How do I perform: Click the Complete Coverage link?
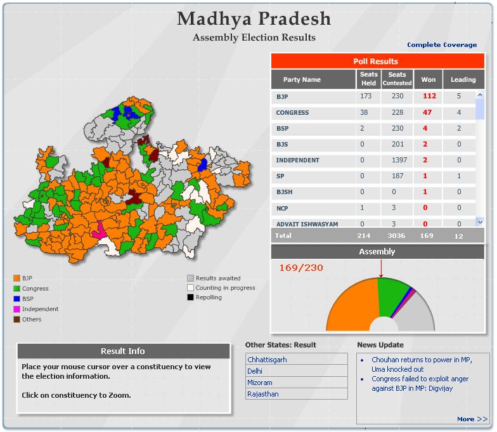(442, 45)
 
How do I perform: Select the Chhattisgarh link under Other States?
(267, 360)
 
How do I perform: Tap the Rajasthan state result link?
(263, 394)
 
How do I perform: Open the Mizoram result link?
(261, 383)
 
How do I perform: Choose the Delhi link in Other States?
(255, 371)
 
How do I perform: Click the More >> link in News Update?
(472, 419)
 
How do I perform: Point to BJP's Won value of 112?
(429, 97)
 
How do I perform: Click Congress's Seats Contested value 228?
(397, 113)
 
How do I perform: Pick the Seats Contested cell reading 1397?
(397, 160)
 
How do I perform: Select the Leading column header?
(463, 80)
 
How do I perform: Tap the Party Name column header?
(302, 80)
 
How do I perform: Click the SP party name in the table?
(281, 176)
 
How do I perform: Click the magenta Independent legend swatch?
(17, 309)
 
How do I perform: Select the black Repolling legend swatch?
(190, 298)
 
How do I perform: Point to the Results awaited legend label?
(218, 278)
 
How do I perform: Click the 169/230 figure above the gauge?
(301, 268)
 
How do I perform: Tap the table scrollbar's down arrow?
(480, 222)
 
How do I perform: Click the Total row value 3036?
(397, 236)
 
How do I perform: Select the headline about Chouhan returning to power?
(421, 364)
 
